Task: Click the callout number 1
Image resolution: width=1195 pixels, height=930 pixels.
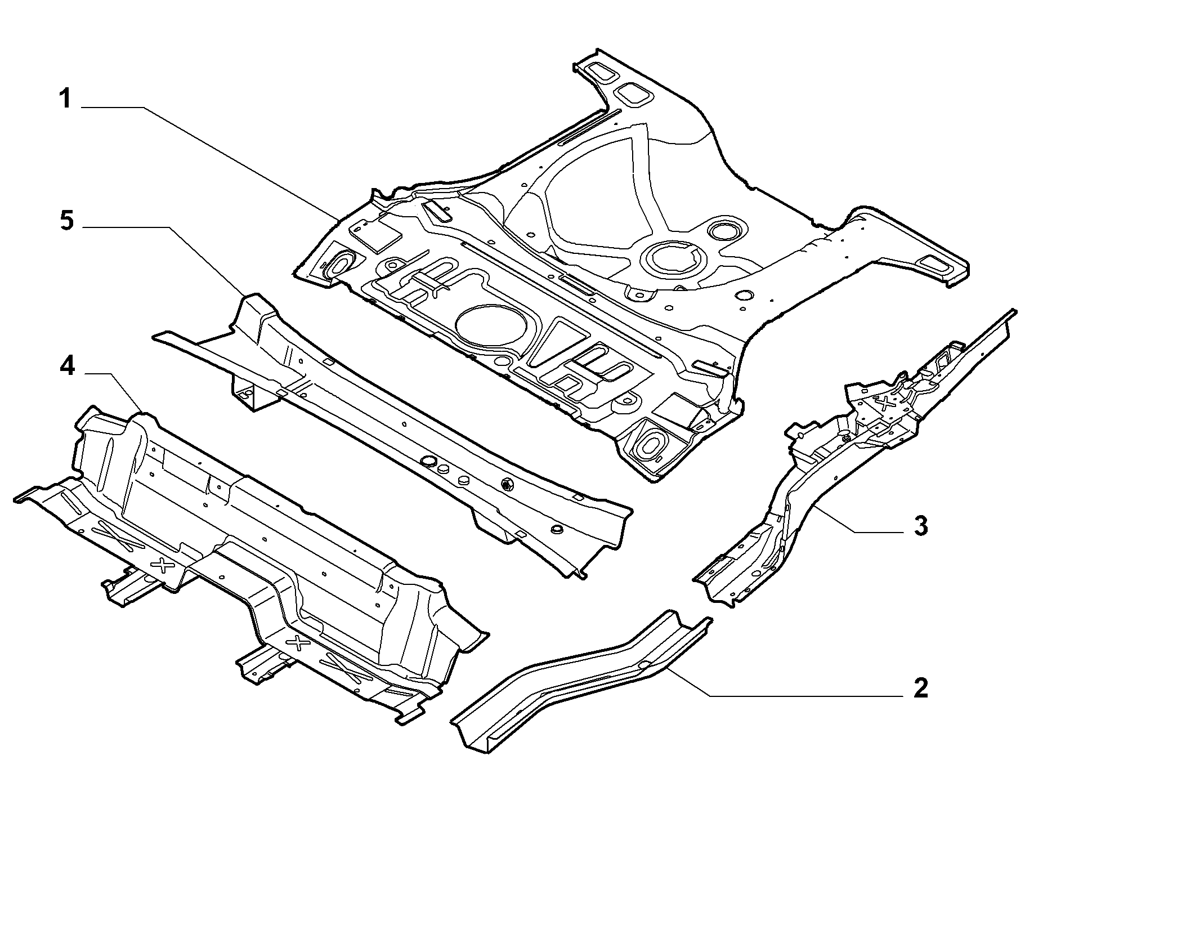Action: click(x=66, y=99)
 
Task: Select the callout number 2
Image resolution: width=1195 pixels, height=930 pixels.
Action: click(x=920, y=687)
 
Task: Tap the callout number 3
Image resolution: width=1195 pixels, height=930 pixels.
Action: click(x=920, y=526)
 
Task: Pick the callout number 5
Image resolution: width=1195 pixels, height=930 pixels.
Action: click(x=66, y=221)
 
